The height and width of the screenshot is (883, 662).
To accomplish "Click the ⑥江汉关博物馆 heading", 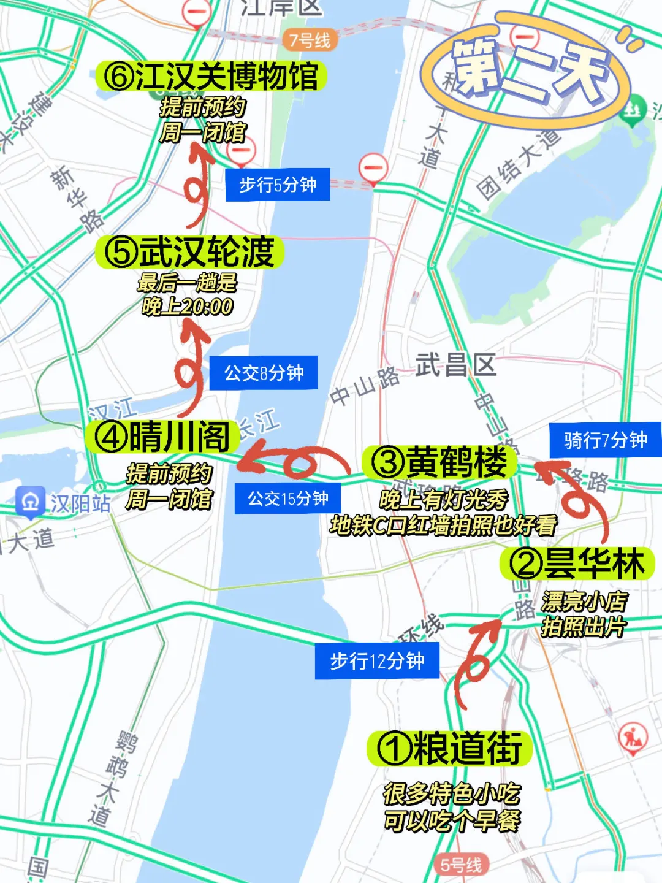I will point(211,76).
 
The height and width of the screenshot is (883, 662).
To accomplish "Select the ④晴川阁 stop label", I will point(162,437).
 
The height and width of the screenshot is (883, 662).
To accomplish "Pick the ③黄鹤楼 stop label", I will point(440,462).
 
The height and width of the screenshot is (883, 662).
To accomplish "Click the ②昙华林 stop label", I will point(577,563).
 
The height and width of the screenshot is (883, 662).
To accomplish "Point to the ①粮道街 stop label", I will point(449,748).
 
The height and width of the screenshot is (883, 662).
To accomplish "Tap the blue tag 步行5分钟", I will point(277,184).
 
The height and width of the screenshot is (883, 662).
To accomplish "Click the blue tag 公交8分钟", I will point(264,372).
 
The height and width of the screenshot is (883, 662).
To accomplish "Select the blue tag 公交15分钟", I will point(287,499).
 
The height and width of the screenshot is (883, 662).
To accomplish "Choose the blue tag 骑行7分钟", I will point(605,440).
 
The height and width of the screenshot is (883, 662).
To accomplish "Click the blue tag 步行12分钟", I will point(377,660).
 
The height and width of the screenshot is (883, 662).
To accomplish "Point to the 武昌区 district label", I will point(456,365).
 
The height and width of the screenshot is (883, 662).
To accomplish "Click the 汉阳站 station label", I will point(64,503).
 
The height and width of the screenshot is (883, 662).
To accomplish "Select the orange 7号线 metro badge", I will point(310,40).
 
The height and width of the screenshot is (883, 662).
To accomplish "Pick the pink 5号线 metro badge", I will point(461,865).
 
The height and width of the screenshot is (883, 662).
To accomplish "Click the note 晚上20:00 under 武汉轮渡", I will point(187,306).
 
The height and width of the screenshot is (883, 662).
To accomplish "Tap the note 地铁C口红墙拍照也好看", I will point(443,526).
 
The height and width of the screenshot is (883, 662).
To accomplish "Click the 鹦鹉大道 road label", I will point(110,779).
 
